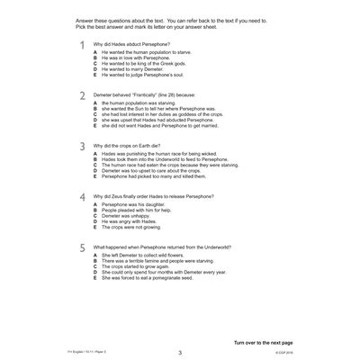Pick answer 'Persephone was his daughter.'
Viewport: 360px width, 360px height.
tap(136, 205)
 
